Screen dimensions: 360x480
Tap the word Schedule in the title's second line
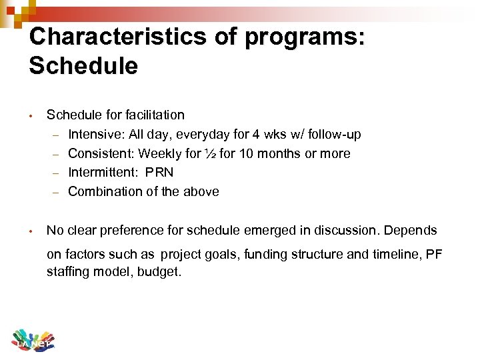point(83,66)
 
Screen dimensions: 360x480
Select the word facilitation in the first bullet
point(153,115)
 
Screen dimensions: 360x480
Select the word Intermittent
point(101,173)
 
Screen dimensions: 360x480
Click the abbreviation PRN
point(158,173)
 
